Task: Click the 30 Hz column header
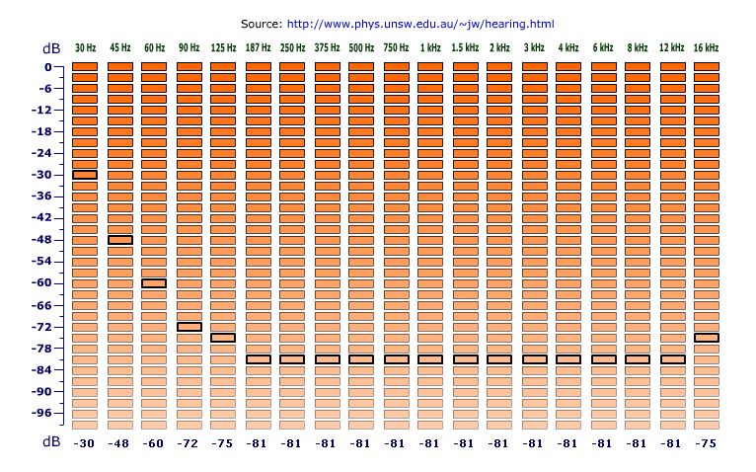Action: point(85,47)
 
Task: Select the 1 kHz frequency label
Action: point(430,47)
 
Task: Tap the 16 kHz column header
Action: point(706,47)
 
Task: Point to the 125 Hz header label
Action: point(223,47)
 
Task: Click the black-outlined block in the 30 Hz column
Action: point(85,175)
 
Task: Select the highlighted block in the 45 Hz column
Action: point(120,240)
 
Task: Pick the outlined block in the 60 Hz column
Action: point(154,283)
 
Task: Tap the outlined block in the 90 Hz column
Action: point(189,327)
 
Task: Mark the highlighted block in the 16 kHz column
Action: point(707,338)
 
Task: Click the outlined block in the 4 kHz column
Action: point(568,359)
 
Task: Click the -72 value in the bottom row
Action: point(189,443)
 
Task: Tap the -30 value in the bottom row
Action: point(85,443)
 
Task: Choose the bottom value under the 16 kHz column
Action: point(706,443)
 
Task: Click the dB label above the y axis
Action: point(50,47)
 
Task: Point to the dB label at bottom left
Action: point(50,442)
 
